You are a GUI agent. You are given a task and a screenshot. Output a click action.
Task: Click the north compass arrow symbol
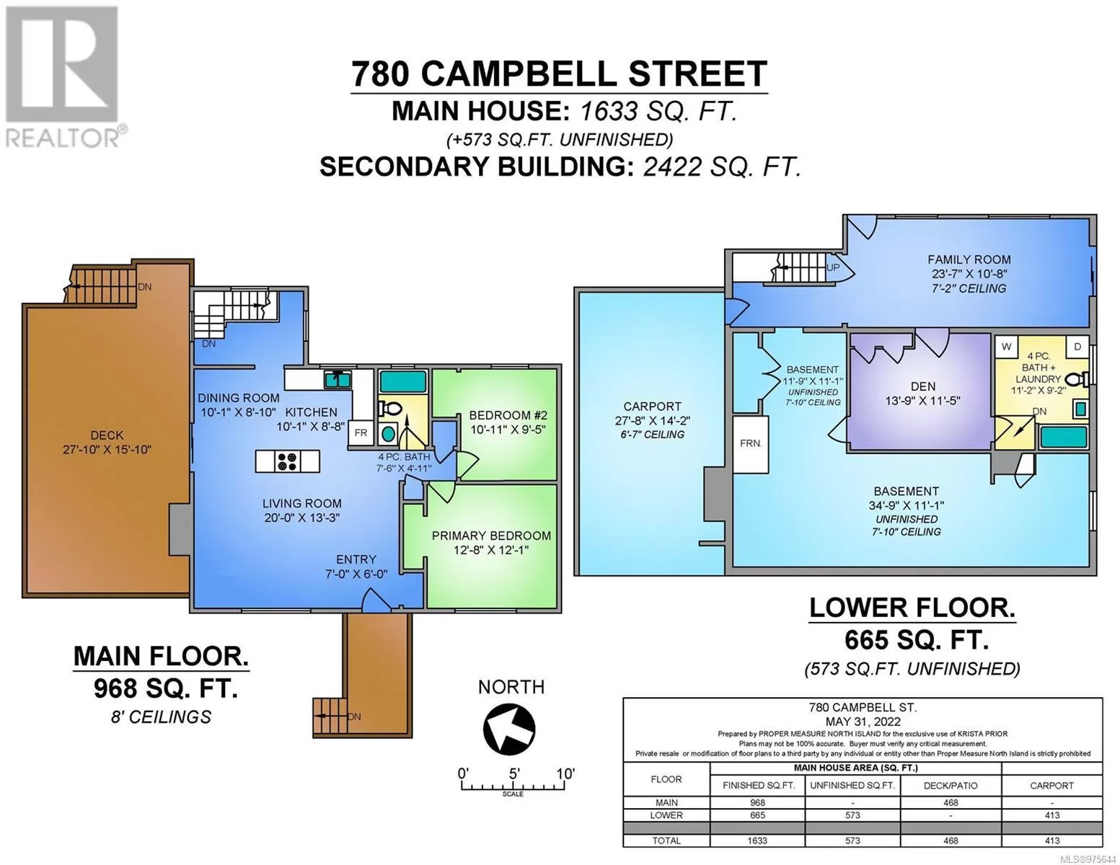click(508, 729)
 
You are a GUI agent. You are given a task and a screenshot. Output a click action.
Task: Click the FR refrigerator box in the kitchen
click(361, 433)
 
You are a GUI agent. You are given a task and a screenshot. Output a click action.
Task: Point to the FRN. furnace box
click(751, 444)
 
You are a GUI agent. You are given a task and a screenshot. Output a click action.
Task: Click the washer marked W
click(1006, 347)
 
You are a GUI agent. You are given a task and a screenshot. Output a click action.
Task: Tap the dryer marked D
click(1077, 347)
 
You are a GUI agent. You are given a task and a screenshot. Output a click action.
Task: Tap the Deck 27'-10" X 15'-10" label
click(107, 443)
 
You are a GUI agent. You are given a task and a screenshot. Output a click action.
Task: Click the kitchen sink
click(338, 380)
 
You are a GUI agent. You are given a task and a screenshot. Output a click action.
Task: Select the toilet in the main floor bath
click(390, 409)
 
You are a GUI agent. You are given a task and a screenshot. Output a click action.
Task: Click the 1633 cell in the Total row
click(757, 840)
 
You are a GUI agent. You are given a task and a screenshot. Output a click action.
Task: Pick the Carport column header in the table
click(1051, 785)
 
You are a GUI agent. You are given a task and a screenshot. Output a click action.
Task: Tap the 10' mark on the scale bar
click(565, 773)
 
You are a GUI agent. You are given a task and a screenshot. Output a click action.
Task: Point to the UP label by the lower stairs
click(833, 267)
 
